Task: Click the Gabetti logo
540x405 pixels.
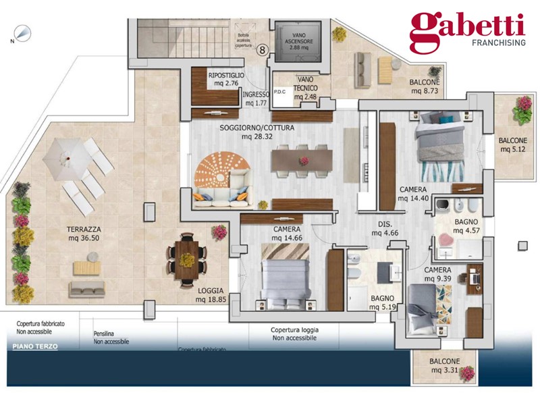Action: [x=467, y=31]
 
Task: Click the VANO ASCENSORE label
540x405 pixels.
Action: [x=300, y=41]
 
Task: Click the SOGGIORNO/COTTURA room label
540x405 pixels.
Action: [x=256, y=131]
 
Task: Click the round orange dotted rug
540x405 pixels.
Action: [x=219, y=171]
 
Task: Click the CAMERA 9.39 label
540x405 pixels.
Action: [x=437, y=274]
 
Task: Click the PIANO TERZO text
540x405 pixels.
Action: [x=35, y=346]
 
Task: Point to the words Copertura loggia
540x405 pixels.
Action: [x=294, y=330]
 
